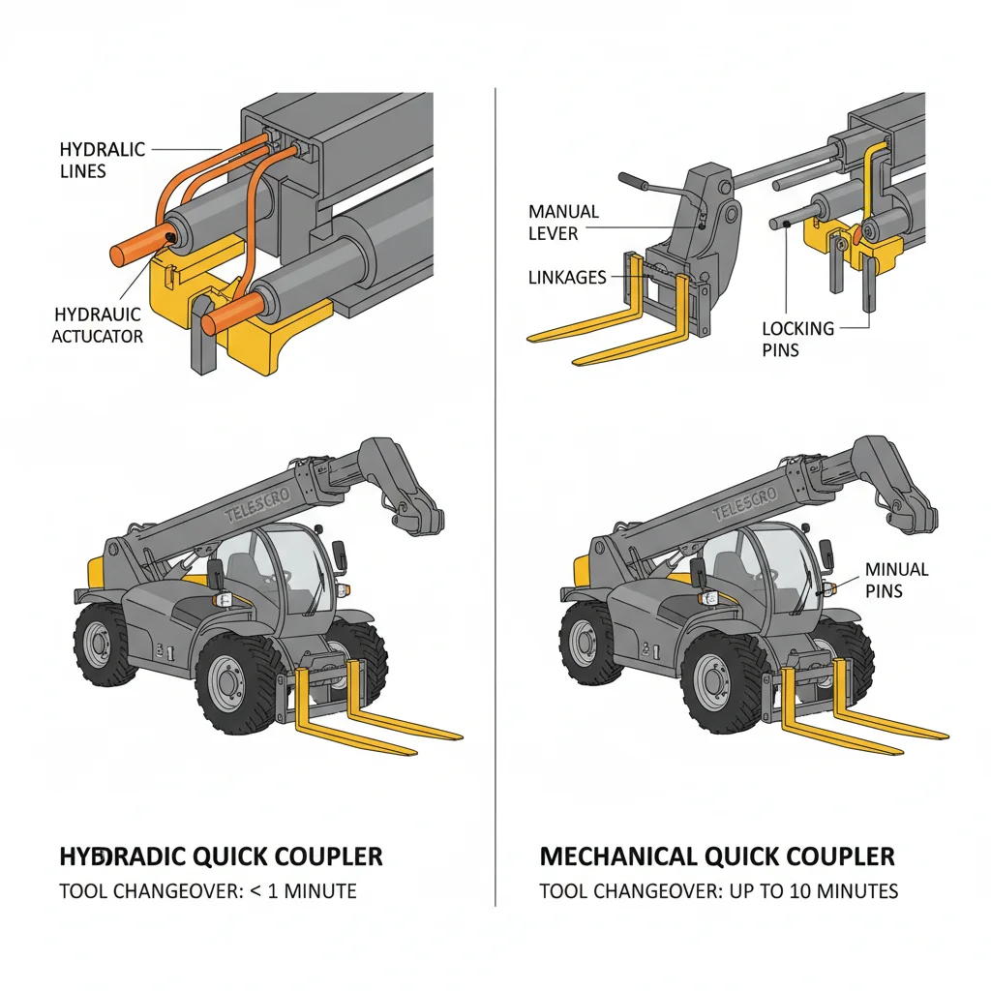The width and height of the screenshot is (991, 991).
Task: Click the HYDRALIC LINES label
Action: (x=102, y=161)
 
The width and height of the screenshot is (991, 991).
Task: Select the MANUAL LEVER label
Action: (x=563, y=222)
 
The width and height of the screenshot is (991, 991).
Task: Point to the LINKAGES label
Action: (x=567, y=278)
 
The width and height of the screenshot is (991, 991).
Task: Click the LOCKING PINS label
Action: (x=797, y=339)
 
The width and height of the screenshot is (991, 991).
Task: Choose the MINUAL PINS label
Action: (x=896, y=580)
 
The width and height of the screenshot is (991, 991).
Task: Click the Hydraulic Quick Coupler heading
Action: (x=221, y=856)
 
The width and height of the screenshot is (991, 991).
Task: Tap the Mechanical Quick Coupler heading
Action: (x=716, y=856)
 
